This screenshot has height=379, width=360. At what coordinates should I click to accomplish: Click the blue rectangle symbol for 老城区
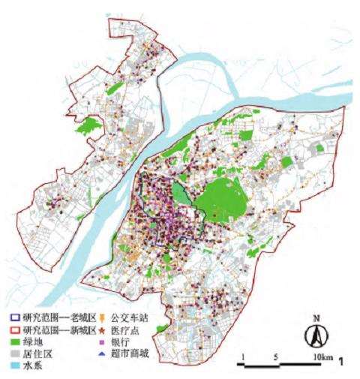pos(17,317)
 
